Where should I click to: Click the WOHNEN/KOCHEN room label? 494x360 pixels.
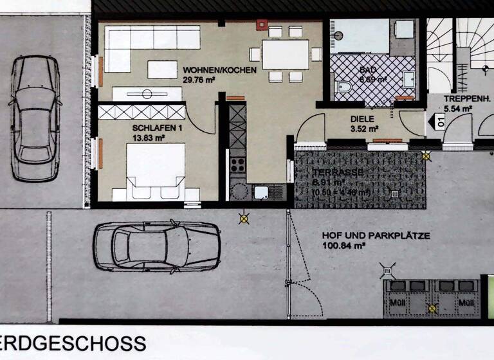(219, 69)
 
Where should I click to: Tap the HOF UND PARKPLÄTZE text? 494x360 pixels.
(376, 236)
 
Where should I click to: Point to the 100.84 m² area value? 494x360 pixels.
(344, 246)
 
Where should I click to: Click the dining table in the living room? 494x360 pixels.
(285, 55)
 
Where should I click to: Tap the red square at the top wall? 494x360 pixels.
(261, 25)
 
